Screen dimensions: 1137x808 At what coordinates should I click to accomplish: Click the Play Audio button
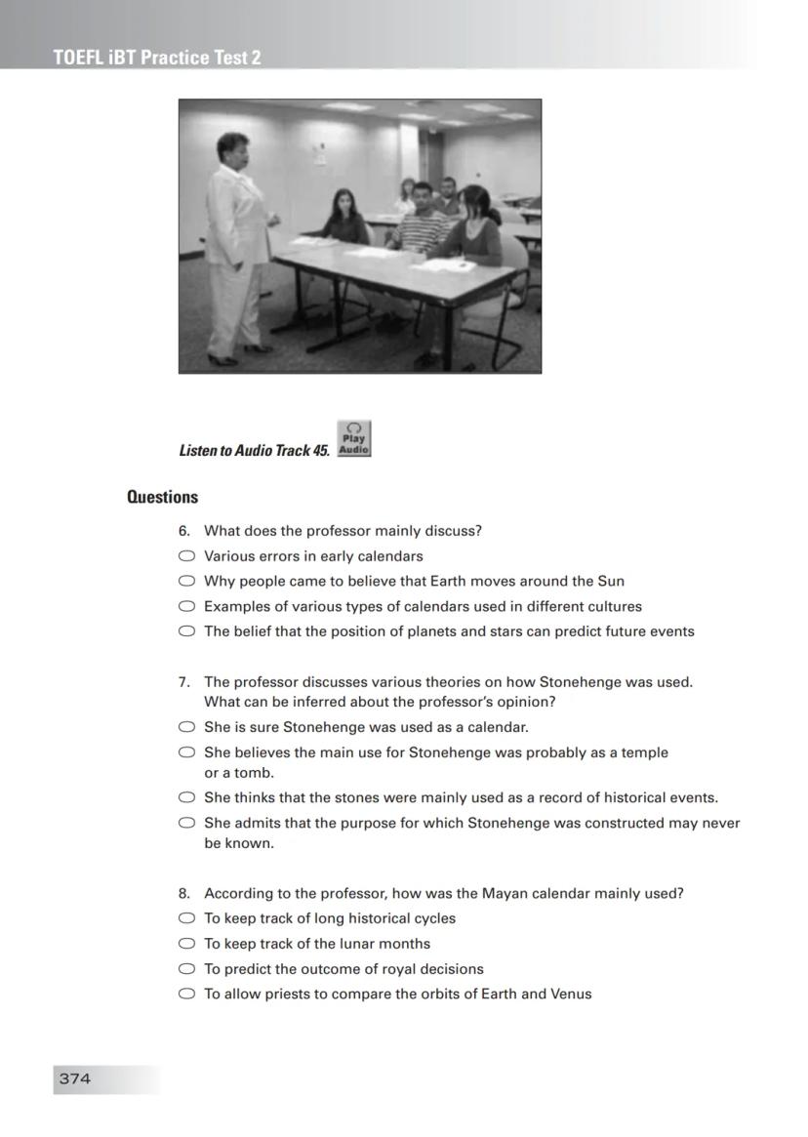[x=353, y=439]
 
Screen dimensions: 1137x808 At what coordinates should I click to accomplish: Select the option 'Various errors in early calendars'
[x=186, y=556]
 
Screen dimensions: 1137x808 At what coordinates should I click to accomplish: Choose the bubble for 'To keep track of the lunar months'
[x=186, y=944]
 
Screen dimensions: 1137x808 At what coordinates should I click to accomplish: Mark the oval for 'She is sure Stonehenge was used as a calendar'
[x=186, y=727]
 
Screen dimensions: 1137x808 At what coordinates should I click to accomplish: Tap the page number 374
[x=75, y=1078]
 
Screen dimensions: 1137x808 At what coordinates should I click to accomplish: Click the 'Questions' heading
[x=162, y=497]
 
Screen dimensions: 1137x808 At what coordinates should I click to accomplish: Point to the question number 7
[x=183, y=682]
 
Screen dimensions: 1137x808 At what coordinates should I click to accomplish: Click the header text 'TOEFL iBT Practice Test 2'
[x=157, y=58]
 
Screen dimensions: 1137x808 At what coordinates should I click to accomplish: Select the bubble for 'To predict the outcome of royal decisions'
[x=186, y=969]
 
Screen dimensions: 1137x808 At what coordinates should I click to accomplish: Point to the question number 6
[x=183, y=531]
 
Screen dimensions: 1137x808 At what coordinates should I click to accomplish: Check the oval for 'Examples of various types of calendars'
[x=186, y=606]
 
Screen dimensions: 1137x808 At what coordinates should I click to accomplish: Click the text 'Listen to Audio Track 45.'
[x=254, y=451]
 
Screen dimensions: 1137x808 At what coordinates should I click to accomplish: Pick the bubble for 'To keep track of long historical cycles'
[x=186, y=918]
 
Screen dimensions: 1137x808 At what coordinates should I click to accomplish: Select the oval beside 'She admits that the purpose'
[x=186, y=823]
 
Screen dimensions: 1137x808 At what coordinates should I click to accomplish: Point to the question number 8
[x=183, y=893]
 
